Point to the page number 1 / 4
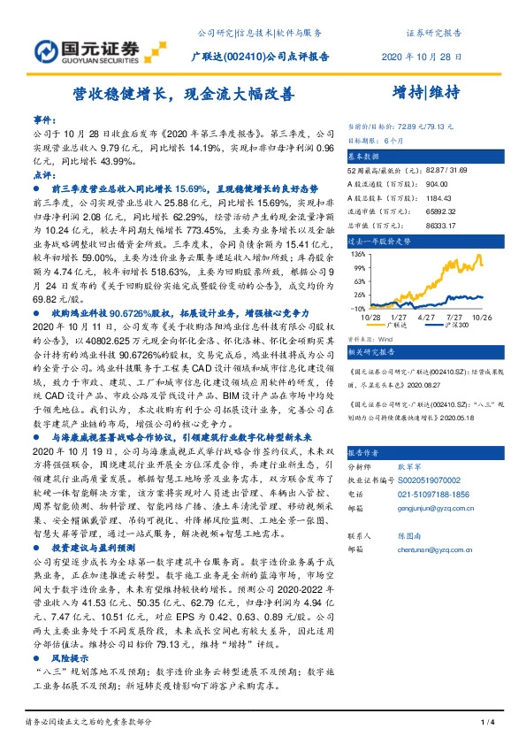[x=487, y=724]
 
